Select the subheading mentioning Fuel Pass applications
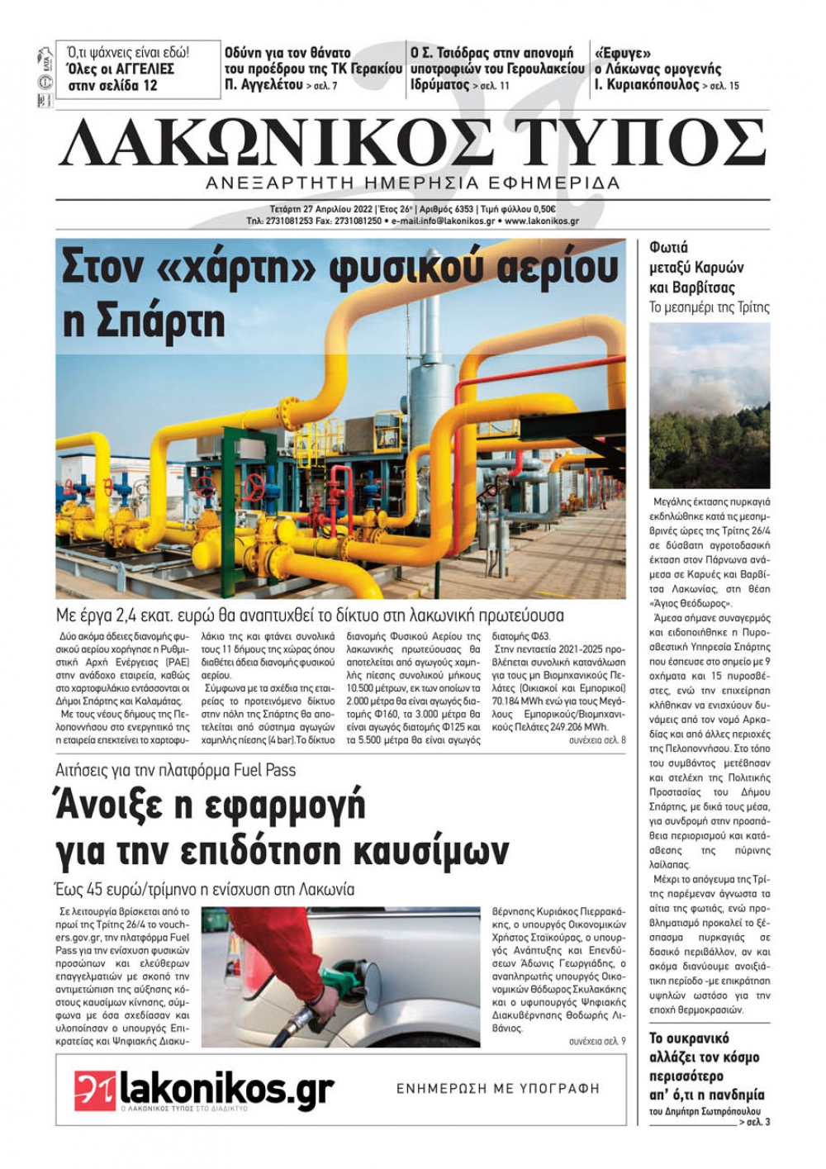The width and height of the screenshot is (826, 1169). (175, 770)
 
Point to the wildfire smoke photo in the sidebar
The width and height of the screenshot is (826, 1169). (710, 405)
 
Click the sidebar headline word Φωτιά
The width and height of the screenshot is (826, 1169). (668, 247)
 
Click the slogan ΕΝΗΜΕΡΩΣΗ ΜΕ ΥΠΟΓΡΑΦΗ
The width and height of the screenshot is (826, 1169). (498, 1089)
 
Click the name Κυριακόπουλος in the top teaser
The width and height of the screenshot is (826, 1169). (652, 85)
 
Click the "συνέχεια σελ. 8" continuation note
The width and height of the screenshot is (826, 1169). (596, 740)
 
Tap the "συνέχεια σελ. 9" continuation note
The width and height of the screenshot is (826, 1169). (596, 1041)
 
